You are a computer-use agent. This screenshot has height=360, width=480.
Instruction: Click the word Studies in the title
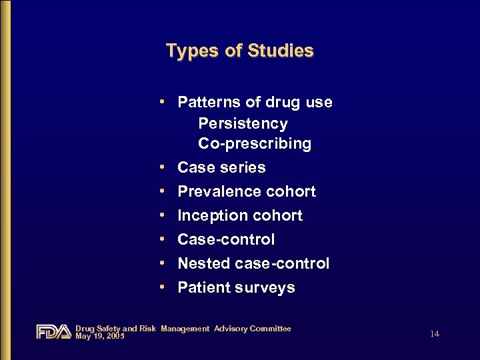280,51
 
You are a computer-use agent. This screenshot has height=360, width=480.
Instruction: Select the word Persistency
243,124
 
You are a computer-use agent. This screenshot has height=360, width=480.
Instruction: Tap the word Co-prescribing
254,144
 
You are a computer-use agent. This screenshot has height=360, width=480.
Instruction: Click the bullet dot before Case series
163,167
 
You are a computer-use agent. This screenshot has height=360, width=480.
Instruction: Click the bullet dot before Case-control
163,239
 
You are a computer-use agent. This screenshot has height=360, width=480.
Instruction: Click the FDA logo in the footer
53,331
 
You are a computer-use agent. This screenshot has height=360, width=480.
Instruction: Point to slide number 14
435,333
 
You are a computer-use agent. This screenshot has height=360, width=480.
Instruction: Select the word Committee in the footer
269,329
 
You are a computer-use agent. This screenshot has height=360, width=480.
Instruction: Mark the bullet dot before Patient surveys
163,287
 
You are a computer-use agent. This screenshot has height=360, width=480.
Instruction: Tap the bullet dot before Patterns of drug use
163,102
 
